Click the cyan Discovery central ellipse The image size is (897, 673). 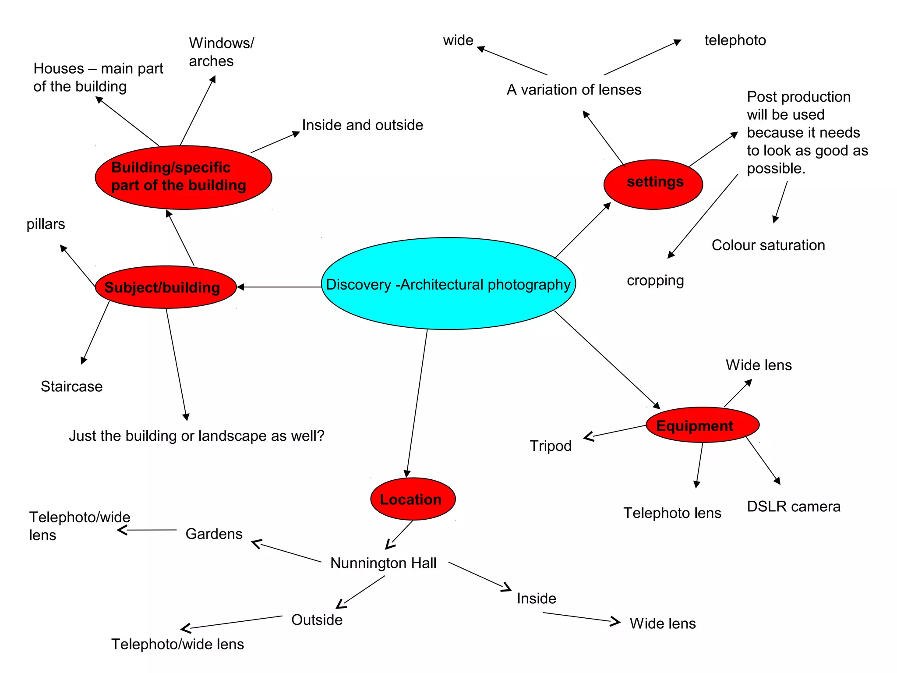pyautogui.click(x=448, y=283)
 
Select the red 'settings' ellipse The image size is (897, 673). pyautogui.click(x=653, y=184)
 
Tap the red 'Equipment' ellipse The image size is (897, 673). pyautogui.click(x=702, y=425)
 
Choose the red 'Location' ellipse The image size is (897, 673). pyautogui.click(x=413, y=499)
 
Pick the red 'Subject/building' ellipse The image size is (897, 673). pyautogui.click(x=166, y=287)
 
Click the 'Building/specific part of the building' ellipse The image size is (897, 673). pyautogui.click(x=183, y=177)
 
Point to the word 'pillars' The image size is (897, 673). pyautogui.click(x=46, y=224)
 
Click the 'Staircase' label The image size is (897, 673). pyautogui.click(x=71, y=386)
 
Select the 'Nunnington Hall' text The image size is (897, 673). pyautogui.click(x=383, y=563)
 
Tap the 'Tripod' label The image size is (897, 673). pyautogui.click(x=551, y=446)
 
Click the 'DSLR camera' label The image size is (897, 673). pyautogui.click(x=793, y=507)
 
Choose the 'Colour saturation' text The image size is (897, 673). pyautogui.click(x=768, y=245)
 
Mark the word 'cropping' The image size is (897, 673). pyautogui.click(x=655, y=280)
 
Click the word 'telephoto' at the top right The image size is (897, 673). pyautogui.click(x=735, y=40)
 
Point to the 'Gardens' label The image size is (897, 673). pyautogui.click(x=214, y=534)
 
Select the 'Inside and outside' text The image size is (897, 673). pyautogui.click(x=362, y=125)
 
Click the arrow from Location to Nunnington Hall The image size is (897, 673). pyautogui.click(x=399, y=535)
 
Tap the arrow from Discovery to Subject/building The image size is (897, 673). pyautogui.click(x=279, y=287)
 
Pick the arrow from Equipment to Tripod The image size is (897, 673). pyautogui.click(x=615, y=431)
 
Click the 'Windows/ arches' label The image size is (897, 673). pyautogui.click(x=221, y=52)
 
